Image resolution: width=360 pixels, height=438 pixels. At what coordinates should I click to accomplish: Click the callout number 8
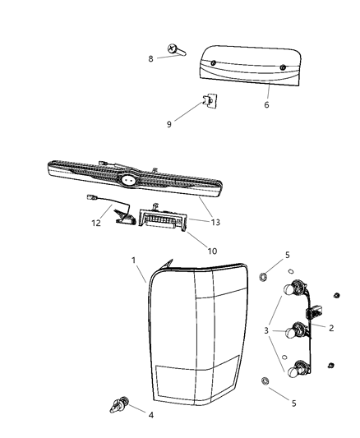[150, 58]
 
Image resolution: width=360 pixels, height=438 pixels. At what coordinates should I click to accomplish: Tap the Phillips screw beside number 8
[177, 50]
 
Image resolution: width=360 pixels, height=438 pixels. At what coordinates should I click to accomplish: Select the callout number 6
[267, 104]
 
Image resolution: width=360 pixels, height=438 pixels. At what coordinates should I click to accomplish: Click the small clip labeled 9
[210, 100]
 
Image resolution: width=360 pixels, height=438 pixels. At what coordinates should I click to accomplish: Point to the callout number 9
[169, 124]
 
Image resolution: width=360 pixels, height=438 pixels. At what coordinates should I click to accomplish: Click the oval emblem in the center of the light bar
[129, 180]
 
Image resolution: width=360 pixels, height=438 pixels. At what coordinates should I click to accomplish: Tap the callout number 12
[96, 223]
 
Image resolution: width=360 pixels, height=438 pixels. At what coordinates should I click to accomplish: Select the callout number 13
[215, 222]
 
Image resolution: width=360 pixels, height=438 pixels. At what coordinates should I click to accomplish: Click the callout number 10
[213, 251]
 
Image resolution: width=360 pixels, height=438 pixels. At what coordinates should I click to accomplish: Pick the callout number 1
[133, 260]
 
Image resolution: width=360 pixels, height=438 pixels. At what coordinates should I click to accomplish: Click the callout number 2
[331, 328]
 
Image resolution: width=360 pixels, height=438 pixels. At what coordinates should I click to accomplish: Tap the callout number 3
[266, 330]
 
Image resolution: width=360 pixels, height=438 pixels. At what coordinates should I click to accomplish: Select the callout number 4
[151, 415]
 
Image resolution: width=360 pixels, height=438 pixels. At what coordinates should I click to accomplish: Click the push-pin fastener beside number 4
[119, 405]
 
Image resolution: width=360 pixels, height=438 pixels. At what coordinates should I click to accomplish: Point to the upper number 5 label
[288, 255]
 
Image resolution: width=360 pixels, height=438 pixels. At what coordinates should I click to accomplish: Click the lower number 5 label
[293, 403]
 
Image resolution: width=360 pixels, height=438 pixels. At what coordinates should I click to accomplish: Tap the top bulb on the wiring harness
[288, 288]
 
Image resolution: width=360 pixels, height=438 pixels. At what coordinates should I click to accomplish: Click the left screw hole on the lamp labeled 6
[214, 62]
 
